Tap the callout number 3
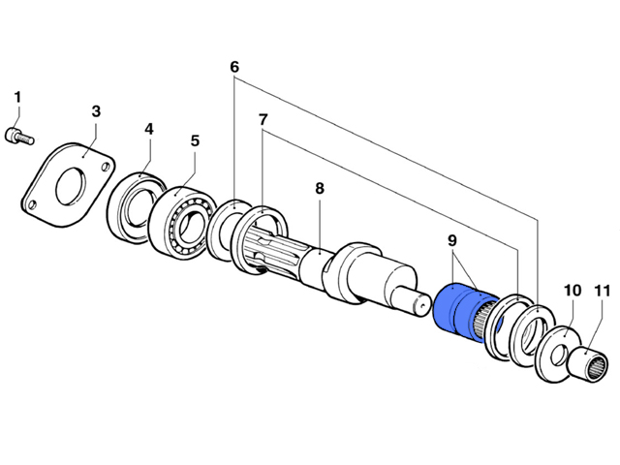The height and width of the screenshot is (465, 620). coord(96,112)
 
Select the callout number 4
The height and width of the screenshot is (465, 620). coord(149,129)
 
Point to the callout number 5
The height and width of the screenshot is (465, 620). coord(195,141)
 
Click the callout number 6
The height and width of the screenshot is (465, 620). coord(233,68)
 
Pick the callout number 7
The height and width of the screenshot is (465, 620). coord(263,119)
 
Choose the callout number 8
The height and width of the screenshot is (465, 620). coord(319,190)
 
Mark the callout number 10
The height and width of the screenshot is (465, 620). coord(572,290)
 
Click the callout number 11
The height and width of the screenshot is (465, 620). coord(602,290)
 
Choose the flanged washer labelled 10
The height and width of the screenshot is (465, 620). coord(557,351)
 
